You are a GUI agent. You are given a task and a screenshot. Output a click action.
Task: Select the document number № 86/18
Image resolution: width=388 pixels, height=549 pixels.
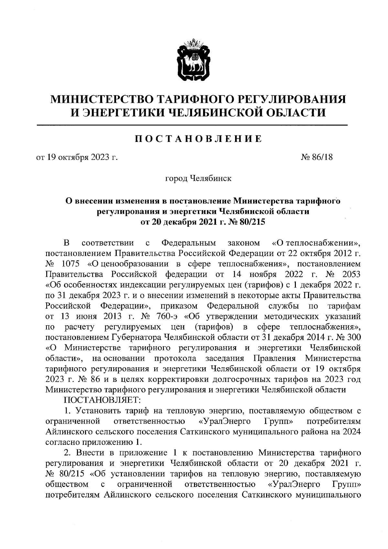(x=317, y=157)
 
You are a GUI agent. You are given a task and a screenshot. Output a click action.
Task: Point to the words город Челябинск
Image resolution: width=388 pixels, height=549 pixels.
(x=198, y=178)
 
